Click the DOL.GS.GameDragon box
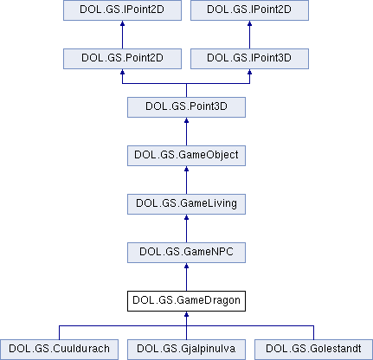point(186,301)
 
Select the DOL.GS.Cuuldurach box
point(59,350)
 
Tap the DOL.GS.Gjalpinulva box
point(186,350)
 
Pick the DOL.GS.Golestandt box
point(313,350)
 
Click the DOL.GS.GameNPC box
point(186,253)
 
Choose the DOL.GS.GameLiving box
point(186,204)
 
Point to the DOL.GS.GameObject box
point(186,156)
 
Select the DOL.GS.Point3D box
point(186,107)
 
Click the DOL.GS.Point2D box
point(122,59)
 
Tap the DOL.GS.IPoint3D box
point(249,59)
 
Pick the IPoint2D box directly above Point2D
point(122,10)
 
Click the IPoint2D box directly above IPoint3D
point(249,10)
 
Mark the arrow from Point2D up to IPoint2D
point(122,35)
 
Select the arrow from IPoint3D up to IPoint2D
point(249,35)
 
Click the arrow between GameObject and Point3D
point(186,132)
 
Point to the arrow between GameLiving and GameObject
point(186,180)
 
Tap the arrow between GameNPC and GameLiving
point(186,228)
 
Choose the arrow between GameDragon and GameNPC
point(186,277)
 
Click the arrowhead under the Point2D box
point(122,72)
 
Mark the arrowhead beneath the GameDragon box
point(186,314)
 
